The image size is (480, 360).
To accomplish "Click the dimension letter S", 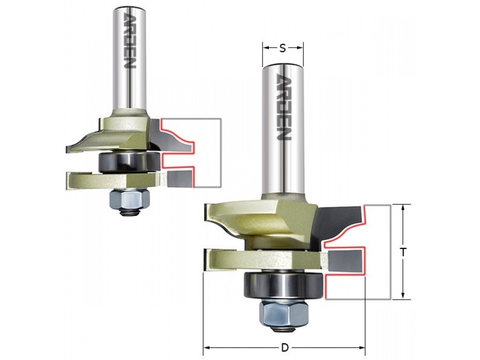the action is (x=283, y=48).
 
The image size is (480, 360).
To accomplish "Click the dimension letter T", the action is (x=404, y=252).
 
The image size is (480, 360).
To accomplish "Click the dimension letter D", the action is (x=285, y=348).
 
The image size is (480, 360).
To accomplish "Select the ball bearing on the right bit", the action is (x=283, y=285).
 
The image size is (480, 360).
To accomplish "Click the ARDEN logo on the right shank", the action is (x=284, y=107).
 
